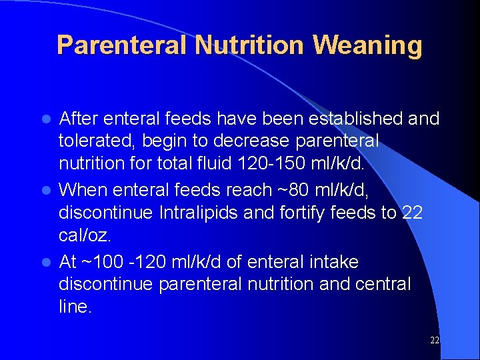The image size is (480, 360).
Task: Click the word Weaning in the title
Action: point(367,45)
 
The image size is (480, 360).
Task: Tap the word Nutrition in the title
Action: point(250,45)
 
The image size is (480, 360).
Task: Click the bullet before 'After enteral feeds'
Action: point(47,119)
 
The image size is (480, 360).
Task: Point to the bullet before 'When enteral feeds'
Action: point(47,190)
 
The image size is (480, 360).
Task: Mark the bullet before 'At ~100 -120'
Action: point(47,262)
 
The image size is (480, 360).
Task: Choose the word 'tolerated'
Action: point(101,141)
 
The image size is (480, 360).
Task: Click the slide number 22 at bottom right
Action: point(434,341)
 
